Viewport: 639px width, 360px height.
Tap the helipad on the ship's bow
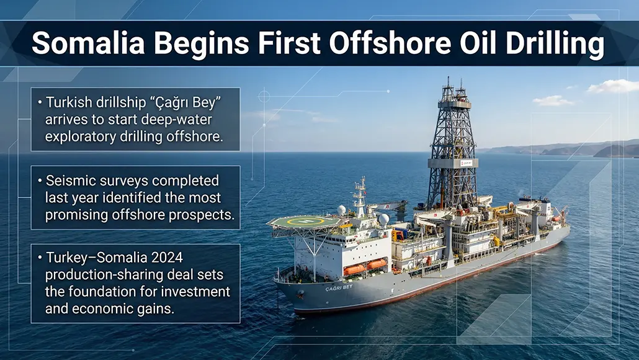(x=304, y=222)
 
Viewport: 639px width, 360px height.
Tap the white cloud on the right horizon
(x=612, y=86)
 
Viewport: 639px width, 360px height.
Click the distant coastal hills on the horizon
(x=577, y=149)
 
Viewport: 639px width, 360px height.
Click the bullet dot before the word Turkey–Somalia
(x=40, y=258)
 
